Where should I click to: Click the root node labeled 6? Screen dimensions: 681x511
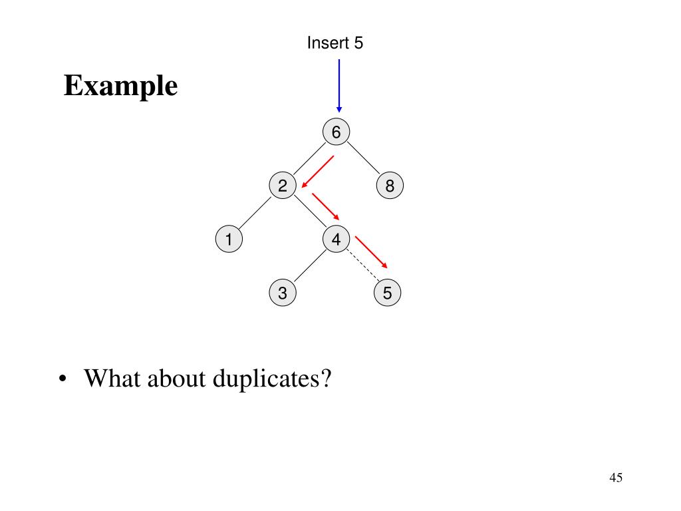[336, 132]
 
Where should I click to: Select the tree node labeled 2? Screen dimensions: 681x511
[283, 186]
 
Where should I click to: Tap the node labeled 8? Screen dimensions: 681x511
[390, 186]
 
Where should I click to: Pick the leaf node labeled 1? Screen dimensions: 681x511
[229, 240]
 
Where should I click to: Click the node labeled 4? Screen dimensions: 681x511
[336, 240]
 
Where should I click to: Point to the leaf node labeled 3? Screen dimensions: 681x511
[283, 293]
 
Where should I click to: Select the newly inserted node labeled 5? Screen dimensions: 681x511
[388, 293]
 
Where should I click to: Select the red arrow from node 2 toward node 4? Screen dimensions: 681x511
[326, 207]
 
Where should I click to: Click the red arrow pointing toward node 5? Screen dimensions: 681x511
[371, 252]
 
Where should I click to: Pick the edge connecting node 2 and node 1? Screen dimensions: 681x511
[255, 213]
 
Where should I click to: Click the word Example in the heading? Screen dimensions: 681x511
[121, 86]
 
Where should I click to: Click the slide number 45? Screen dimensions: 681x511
[615, 478]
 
